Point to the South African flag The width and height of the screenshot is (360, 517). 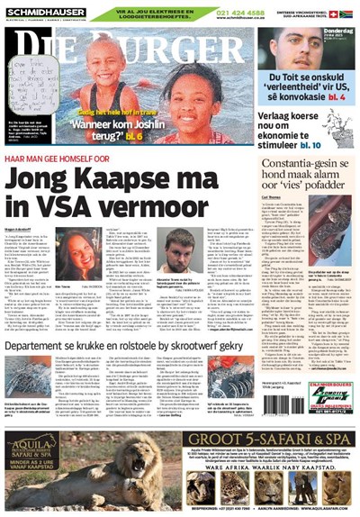346,14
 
